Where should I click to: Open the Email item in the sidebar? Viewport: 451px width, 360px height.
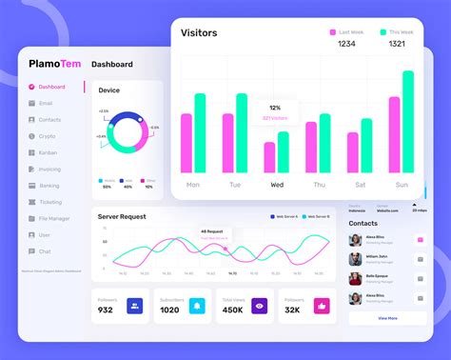46,103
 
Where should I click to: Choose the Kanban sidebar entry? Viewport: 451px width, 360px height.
48,152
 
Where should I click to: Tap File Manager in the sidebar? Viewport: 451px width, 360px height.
54,218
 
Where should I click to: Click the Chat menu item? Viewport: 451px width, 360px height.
45,251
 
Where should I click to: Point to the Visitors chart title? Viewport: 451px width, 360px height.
199,33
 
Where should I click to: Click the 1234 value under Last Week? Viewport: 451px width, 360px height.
346,44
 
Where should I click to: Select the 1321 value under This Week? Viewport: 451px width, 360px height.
397,44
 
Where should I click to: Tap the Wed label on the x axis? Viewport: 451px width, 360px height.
277,185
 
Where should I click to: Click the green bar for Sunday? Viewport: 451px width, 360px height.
407,122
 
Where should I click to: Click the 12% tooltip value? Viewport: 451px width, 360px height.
275,108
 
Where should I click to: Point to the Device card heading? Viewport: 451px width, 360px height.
109,90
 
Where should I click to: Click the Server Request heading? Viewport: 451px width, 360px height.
122,217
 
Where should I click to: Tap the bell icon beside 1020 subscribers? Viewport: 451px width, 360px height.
196,306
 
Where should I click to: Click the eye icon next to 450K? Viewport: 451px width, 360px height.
258,306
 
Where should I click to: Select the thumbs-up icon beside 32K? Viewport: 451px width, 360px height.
321,306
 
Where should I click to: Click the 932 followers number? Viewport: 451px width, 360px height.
106,310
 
